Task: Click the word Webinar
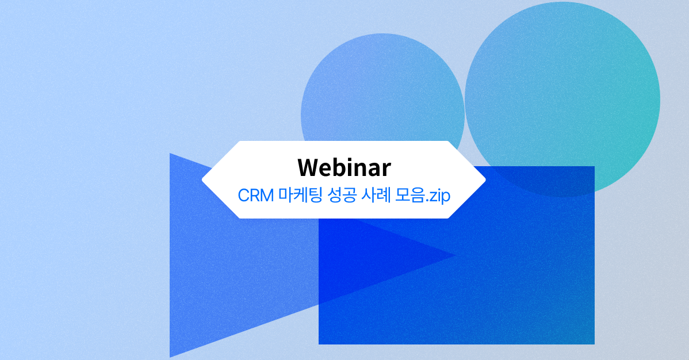pyautogui.click(x=344, y=167)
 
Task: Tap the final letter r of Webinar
pyautogui.click(x=386, y=168)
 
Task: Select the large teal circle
pyautogui.click(x=562, y=86)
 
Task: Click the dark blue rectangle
pyautogui.click(x=489, y=276)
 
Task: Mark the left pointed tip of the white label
pyautogui.click(x=203, y=180)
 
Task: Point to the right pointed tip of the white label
pyautogui.click(x=485, y=180)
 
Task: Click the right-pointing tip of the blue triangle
pyautogui.click(x=454, y=255)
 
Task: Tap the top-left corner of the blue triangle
pyautogui.click(x=171, y=155)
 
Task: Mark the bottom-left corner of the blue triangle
pyautogui.click(x=171, y=355)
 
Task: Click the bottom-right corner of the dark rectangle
pyautogui.click(x=593, y=343)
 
